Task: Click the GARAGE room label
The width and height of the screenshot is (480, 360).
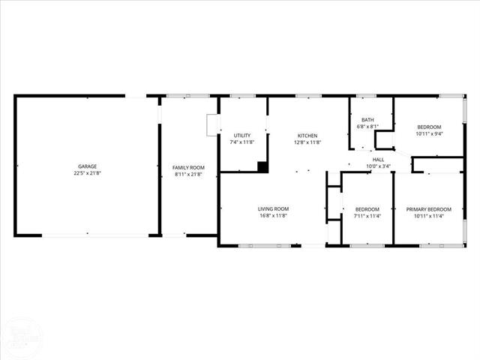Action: click(x=88, y=166)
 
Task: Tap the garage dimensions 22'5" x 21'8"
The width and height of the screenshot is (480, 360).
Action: click(x=88, y=173)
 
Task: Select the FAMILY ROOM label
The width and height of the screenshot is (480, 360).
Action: click(x=188, y=167)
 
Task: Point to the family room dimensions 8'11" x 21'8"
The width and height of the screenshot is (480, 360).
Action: click(x=188, y=174)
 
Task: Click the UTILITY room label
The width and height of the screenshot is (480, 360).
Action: click(x=241, y=135)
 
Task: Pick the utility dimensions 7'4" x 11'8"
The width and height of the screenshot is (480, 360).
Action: click(x=241, y=142)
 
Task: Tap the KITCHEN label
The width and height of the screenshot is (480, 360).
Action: click(x=307, y=135)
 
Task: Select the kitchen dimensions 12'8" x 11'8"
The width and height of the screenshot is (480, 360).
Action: click(x=307, y=142)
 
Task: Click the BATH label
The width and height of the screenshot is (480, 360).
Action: click(x=367, y=119)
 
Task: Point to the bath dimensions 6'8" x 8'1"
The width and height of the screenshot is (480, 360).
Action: click(x=367, y=126)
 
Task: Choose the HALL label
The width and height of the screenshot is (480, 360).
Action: click(x=378, y=159)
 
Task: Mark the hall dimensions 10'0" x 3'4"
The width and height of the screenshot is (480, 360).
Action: click(x=378, y=166)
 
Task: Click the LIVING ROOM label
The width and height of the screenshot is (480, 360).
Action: click(x=274, y=208)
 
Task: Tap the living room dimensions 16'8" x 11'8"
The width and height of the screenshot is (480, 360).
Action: click(x=274, y=215)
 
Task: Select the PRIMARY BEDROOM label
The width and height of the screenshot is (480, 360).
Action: click(x=429, y=208)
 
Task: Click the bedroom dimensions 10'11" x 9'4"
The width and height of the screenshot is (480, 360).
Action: click(x=430, y=134)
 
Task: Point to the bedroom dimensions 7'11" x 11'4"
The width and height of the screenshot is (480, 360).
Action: click(x=367, y=215)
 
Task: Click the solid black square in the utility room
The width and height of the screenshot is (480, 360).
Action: click(x=262, y=167)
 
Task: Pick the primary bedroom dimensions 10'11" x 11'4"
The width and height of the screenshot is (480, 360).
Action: click(x=429, y=215)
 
